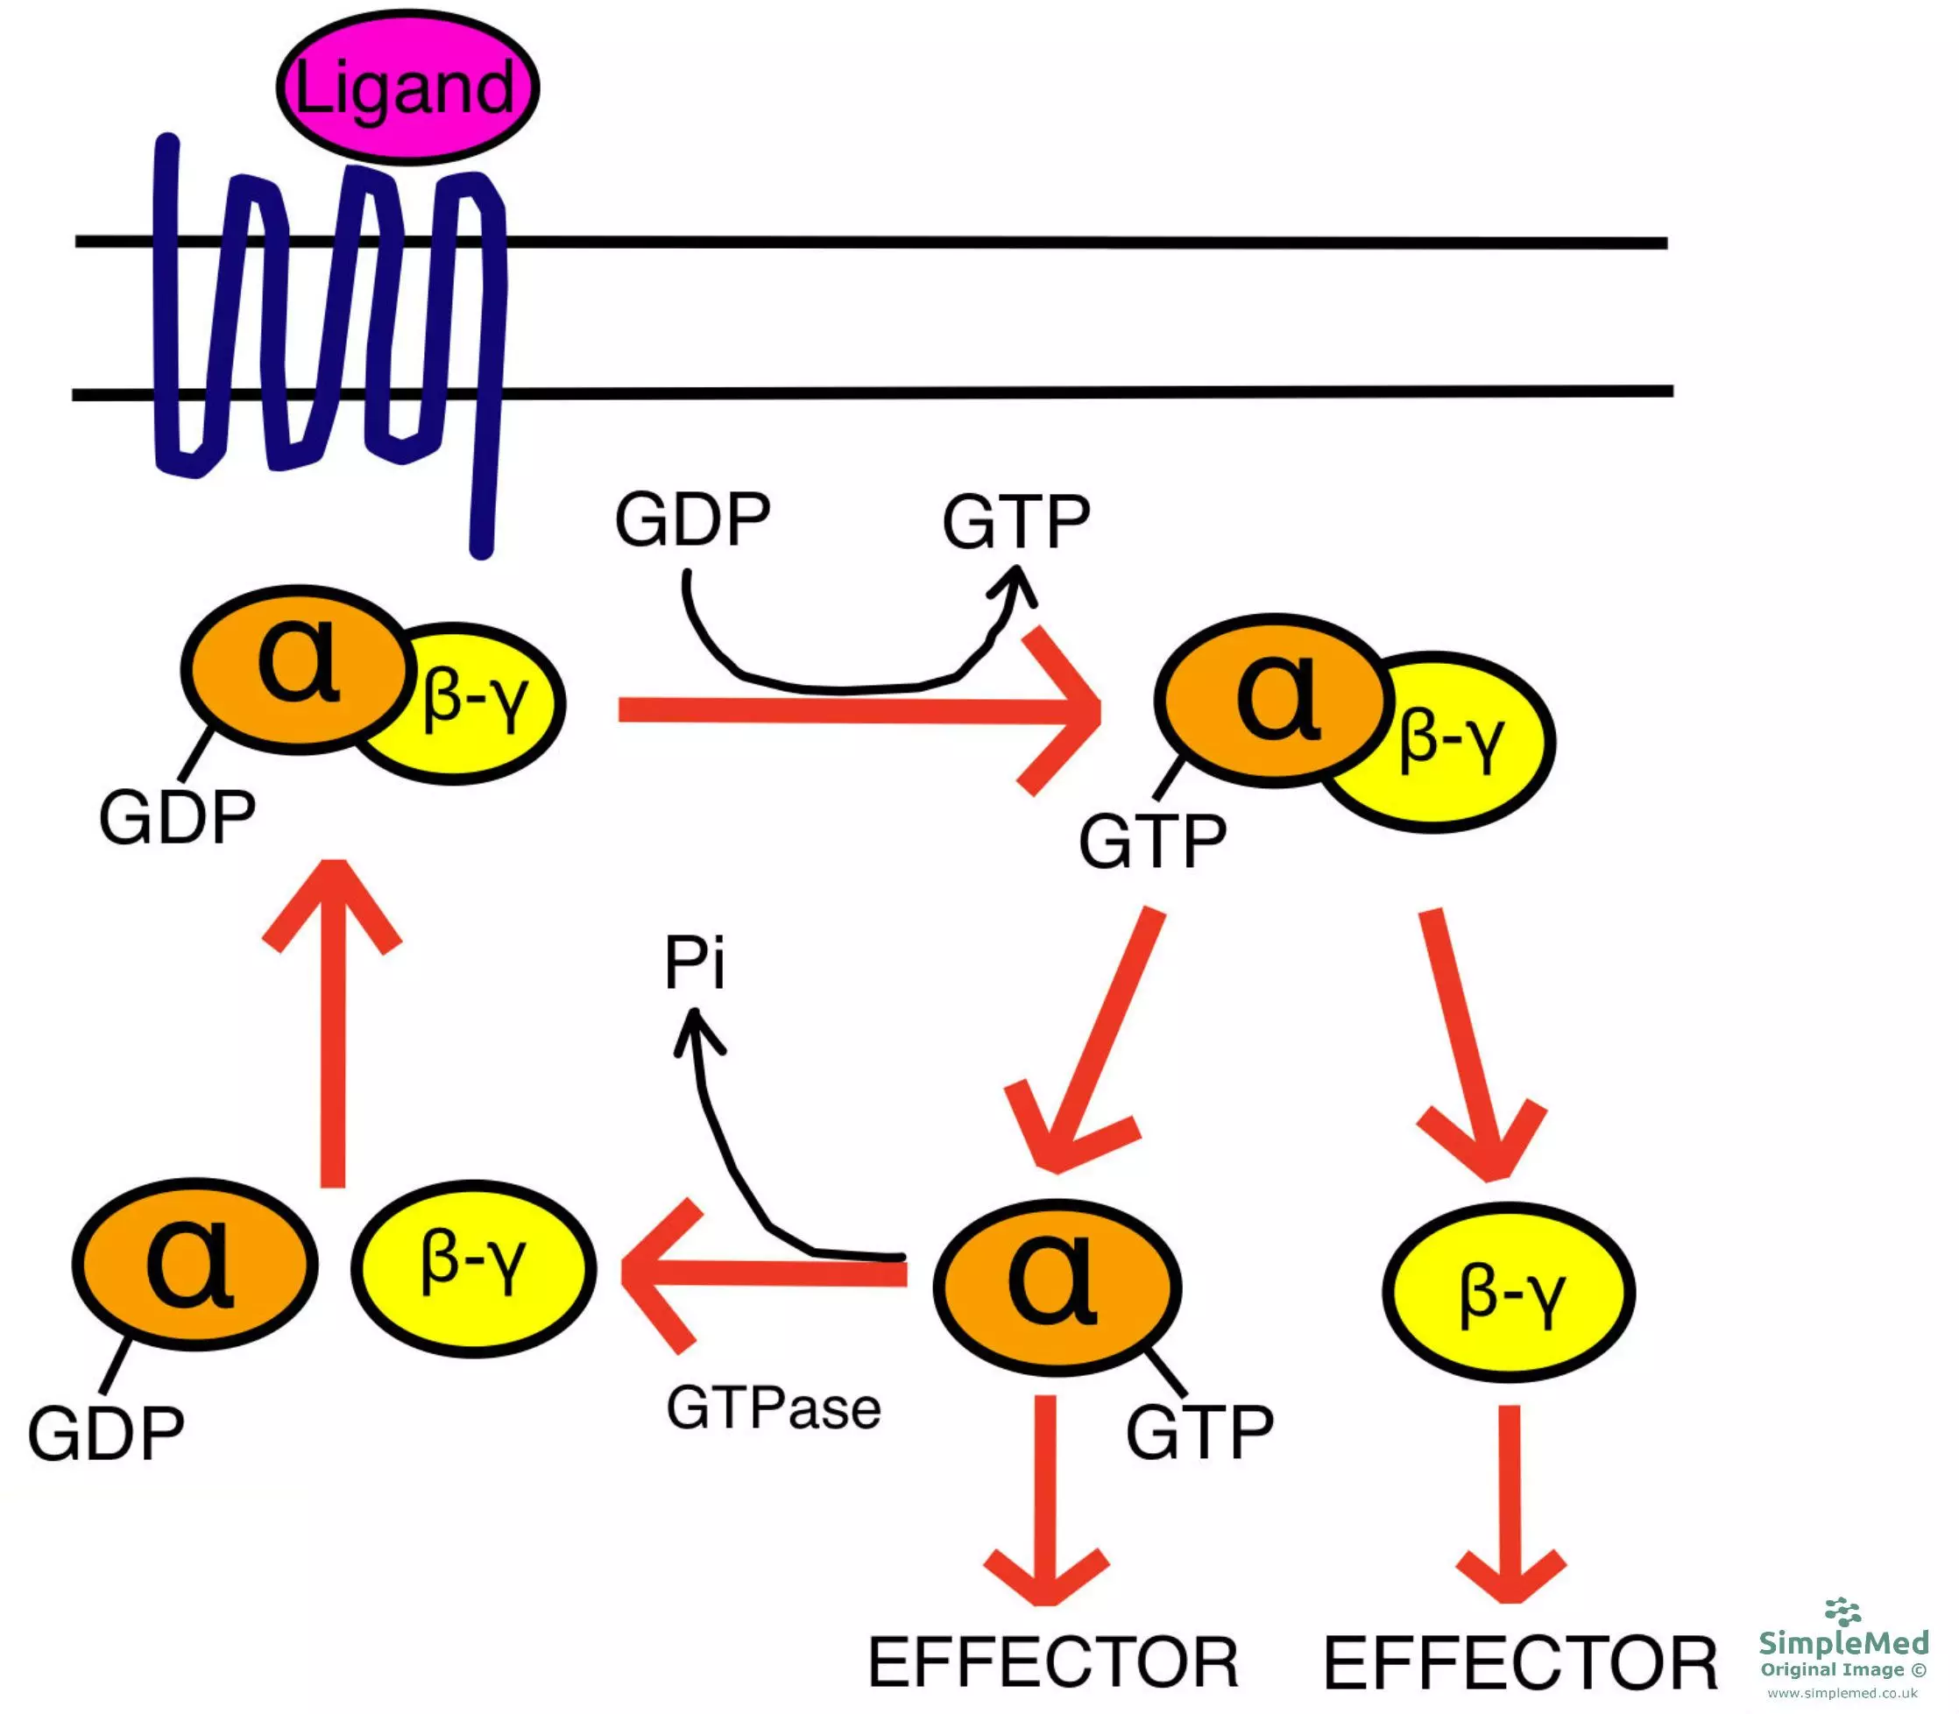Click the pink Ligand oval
[407, 87]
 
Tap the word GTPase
[773, 1409]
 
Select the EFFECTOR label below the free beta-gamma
[1520, 1663]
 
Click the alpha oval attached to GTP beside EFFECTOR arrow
[1056, 1287]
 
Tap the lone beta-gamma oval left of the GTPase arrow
[473, 1267]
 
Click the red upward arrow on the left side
[333, 1024]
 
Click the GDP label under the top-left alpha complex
[177, 818]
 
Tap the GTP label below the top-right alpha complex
[1152, 842]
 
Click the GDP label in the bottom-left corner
[105, 1434]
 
